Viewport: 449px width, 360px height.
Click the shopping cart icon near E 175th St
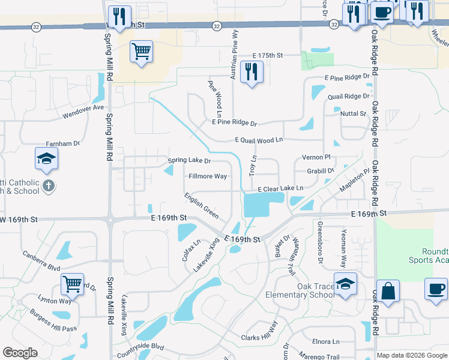click(141, 52)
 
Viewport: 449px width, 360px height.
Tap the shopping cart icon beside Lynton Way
click(73, 284)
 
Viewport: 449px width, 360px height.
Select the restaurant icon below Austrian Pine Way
click(251, 72)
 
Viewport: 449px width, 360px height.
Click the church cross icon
click(49, 186)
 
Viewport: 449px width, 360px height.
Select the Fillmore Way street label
click(208, 176)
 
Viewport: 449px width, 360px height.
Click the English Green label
click(201, 205)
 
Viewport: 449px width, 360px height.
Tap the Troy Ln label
click(253, 165)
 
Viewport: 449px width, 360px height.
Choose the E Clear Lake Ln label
click(280, 188)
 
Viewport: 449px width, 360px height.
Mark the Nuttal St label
click(353, 113)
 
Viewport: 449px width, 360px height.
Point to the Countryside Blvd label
click(140, 347)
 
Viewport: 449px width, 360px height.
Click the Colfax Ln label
click(191, 250)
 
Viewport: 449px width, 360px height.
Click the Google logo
click(20, 353)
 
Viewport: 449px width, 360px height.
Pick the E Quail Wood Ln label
click(258, 140)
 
